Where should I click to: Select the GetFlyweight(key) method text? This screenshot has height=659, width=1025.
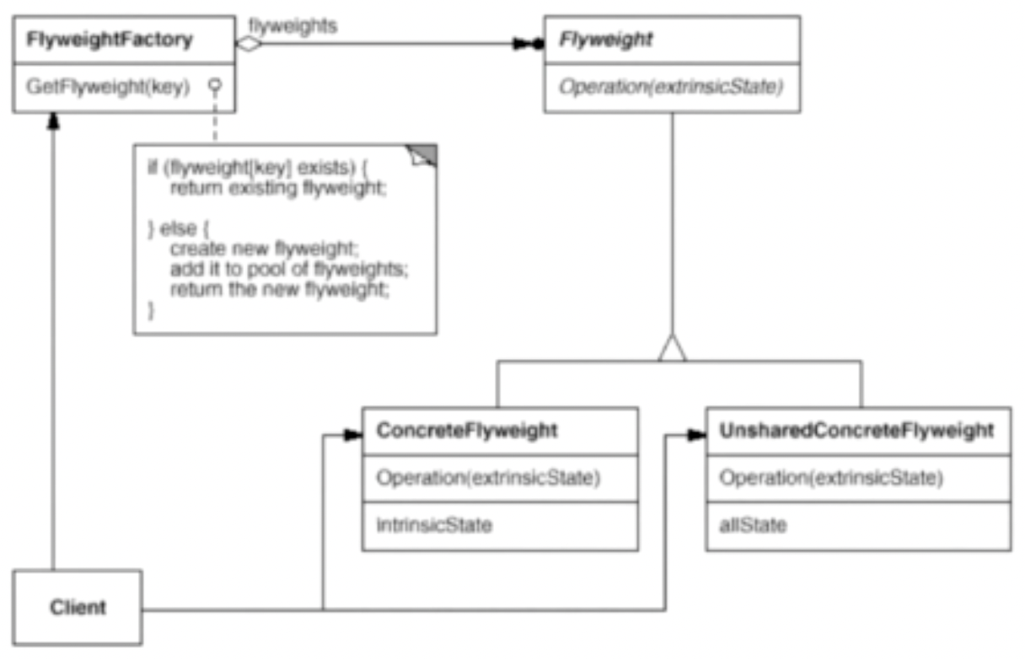coord(107,86)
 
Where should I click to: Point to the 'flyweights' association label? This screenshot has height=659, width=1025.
coord(293,25)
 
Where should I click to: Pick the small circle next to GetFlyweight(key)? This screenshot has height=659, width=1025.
coord(215,86)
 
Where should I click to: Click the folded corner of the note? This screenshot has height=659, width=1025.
coord(423,154)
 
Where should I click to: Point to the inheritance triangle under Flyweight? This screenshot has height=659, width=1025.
coord(672,347)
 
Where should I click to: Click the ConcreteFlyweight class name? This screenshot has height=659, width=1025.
coord(467,431)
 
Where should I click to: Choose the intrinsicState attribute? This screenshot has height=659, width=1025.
coord(434,525)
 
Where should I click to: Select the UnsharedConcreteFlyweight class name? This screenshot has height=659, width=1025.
coord(856,431)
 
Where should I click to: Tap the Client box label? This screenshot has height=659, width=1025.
coord(78,606)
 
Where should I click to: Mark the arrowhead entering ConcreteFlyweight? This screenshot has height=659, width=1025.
coord(353,436)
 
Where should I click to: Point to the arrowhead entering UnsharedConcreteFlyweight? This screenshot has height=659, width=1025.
coord(696,436)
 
